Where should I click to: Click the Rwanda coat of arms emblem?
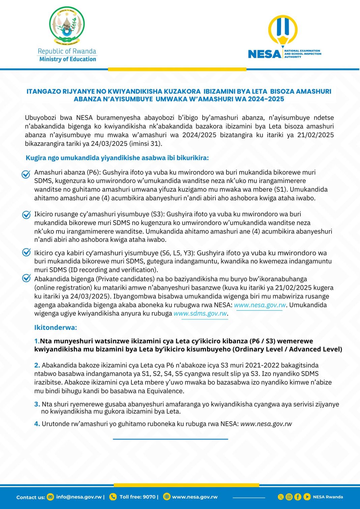pos(67,26)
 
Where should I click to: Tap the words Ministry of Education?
pos(67,59)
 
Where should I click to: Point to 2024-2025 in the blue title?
pos(266,99)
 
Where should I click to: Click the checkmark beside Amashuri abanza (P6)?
pos(26,174)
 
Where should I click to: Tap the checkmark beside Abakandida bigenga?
pos(26,278)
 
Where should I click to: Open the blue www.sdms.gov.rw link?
pos(200,314)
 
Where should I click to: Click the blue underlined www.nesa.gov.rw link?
pos(260,305)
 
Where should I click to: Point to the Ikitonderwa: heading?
pos(56,327)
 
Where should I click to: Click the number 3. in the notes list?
pos(37,404)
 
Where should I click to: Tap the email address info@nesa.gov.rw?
pos(79,497)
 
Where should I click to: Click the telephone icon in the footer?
pos(113,497)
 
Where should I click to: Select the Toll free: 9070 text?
pos(138,497)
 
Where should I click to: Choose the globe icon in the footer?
pos(167,497)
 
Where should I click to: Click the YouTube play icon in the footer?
pos(307,497)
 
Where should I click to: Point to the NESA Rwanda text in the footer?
pos(328,497)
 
